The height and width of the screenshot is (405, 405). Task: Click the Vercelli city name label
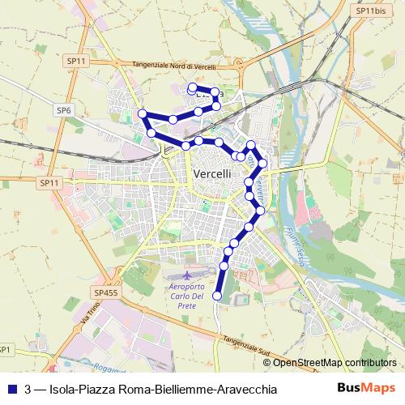pos(213,174)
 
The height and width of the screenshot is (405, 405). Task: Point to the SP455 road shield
pos(105,292)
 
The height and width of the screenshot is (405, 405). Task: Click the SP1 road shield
pos(5,349)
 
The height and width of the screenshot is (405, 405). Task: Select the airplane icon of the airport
pos(189,274)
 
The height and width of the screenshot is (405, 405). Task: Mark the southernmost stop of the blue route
pos(216,296)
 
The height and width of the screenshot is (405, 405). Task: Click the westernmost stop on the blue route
pos(142,113)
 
